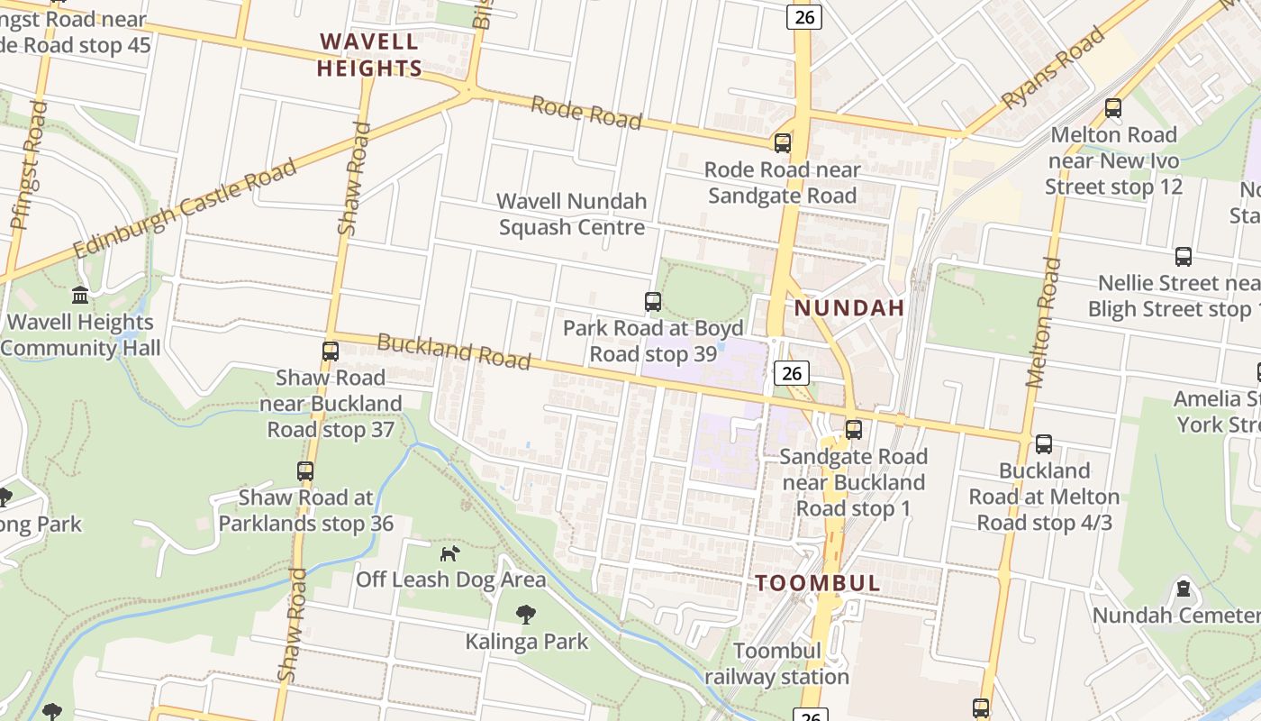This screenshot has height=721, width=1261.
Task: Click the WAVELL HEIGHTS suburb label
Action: tap(369, 55)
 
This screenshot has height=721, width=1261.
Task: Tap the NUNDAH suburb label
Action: tap(848, 308)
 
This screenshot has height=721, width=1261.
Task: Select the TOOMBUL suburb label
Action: tap(818, 582)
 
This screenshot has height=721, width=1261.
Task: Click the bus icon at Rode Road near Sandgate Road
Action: tap(783, 142)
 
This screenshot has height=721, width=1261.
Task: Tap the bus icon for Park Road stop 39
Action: tap(653, 302)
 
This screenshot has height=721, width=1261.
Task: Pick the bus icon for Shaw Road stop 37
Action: tap(331, 351)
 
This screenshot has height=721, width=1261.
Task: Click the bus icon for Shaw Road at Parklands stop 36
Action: tap(305, 471)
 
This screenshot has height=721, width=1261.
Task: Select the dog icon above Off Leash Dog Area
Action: tap(449, 553)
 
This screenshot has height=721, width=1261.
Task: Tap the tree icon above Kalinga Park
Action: tap(526, 616)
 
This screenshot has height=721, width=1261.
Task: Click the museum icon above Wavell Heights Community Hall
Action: tap(80, 296)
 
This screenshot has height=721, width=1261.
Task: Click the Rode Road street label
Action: tap(585, 113)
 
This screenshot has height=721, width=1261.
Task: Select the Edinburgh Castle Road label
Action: tap(185, 210)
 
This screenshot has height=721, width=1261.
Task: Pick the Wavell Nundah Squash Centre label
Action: tap(572, 214)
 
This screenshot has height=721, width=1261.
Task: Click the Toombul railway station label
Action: tap(776, 664)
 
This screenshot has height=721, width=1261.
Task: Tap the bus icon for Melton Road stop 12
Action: tap(1113, 108)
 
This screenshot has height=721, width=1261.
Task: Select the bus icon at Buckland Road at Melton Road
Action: tap(1044, 444)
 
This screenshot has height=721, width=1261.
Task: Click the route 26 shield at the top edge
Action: tap(804, 16)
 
